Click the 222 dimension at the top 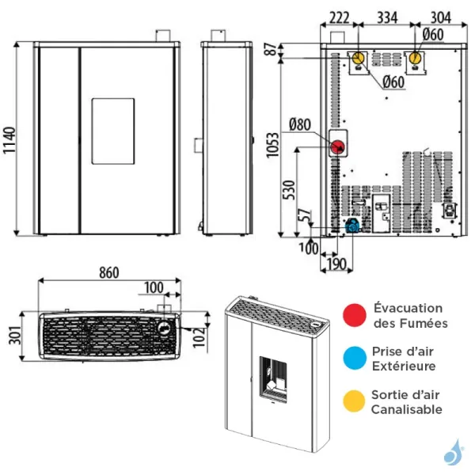[339, 18]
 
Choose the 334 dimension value [386, 18]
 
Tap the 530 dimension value [290, 190]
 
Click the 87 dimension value [273, 49]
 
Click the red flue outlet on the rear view [337, 146]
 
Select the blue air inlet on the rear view [351, 226]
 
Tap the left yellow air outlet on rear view [359, 59]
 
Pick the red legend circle [353, 315]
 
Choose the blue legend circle [353, 358]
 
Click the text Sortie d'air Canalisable [407, 401]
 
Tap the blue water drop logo [453, 453]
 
